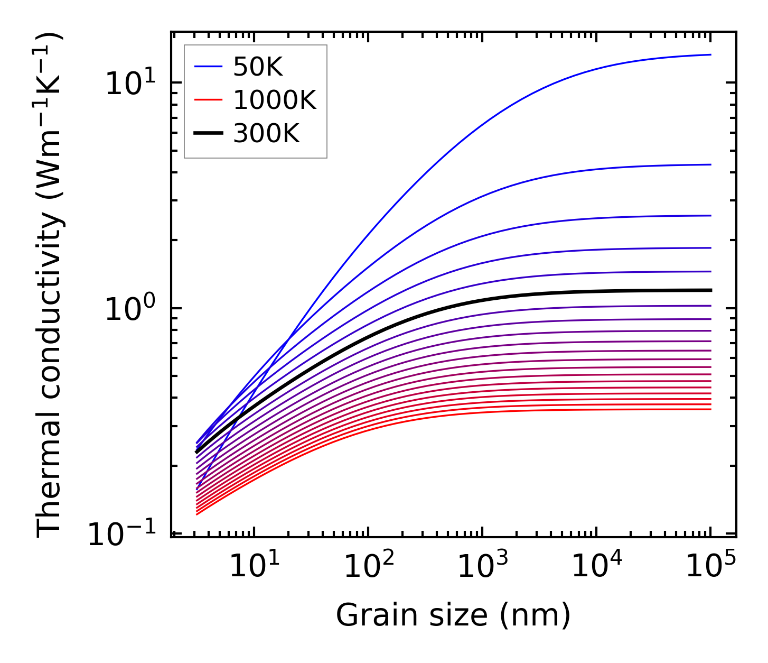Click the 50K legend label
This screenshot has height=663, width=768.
258,67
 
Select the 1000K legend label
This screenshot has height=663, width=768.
275,100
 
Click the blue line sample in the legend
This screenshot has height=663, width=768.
208,67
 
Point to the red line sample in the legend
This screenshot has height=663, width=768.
208,100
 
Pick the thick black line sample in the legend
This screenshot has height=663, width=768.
208,134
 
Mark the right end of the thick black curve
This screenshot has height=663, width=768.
711,290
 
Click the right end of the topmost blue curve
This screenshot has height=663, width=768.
711,54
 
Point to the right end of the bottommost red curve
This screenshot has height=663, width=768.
711,409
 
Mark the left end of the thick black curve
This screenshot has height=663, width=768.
196,452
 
